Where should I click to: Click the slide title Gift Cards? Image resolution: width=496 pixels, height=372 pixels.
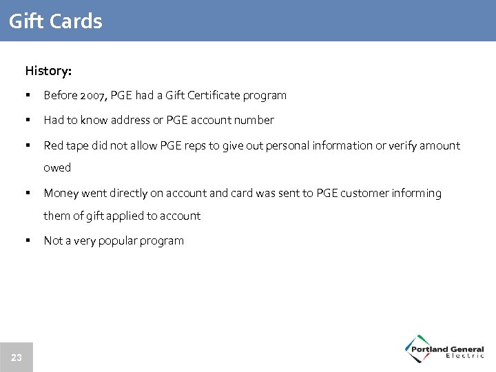coord(55,21)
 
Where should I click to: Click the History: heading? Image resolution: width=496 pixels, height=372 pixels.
coord(48,70)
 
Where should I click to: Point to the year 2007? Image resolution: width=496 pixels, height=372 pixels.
coord(90,96)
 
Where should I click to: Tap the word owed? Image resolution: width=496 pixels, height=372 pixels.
coord(57,167)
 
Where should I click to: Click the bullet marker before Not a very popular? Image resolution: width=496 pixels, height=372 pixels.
coord(28,241)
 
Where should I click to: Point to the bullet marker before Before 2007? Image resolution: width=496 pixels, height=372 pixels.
coord(28,96)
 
